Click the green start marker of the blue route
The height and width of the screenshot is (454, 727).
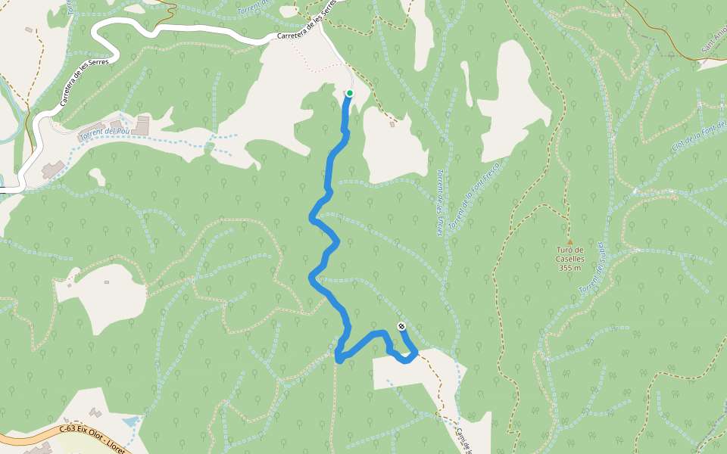[350, 93]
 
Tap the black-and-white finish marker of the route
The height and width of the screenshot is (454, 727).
[401, 327]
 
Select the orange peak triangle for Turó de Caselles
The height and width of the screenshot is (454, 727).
[569, 241]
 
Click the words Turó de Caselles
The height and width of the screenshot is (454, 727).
[569, 254]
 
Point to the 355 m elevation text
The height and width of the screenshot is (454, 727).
[569, 268]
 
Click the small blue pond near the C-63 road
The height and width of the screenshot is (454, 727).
[130, 419]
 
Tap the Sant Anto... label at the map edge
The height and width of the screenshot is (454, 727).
[714, 41]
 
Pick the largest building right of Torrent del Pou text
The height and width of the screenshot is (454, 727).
[141, 128]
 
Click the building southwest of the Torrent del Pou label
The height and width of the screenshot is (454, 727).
[53, 168]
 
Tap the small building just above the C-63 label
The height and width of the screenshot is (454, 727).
[95, 413]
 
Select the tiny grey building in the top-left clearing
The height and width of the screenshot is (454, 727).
[29, 30]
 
